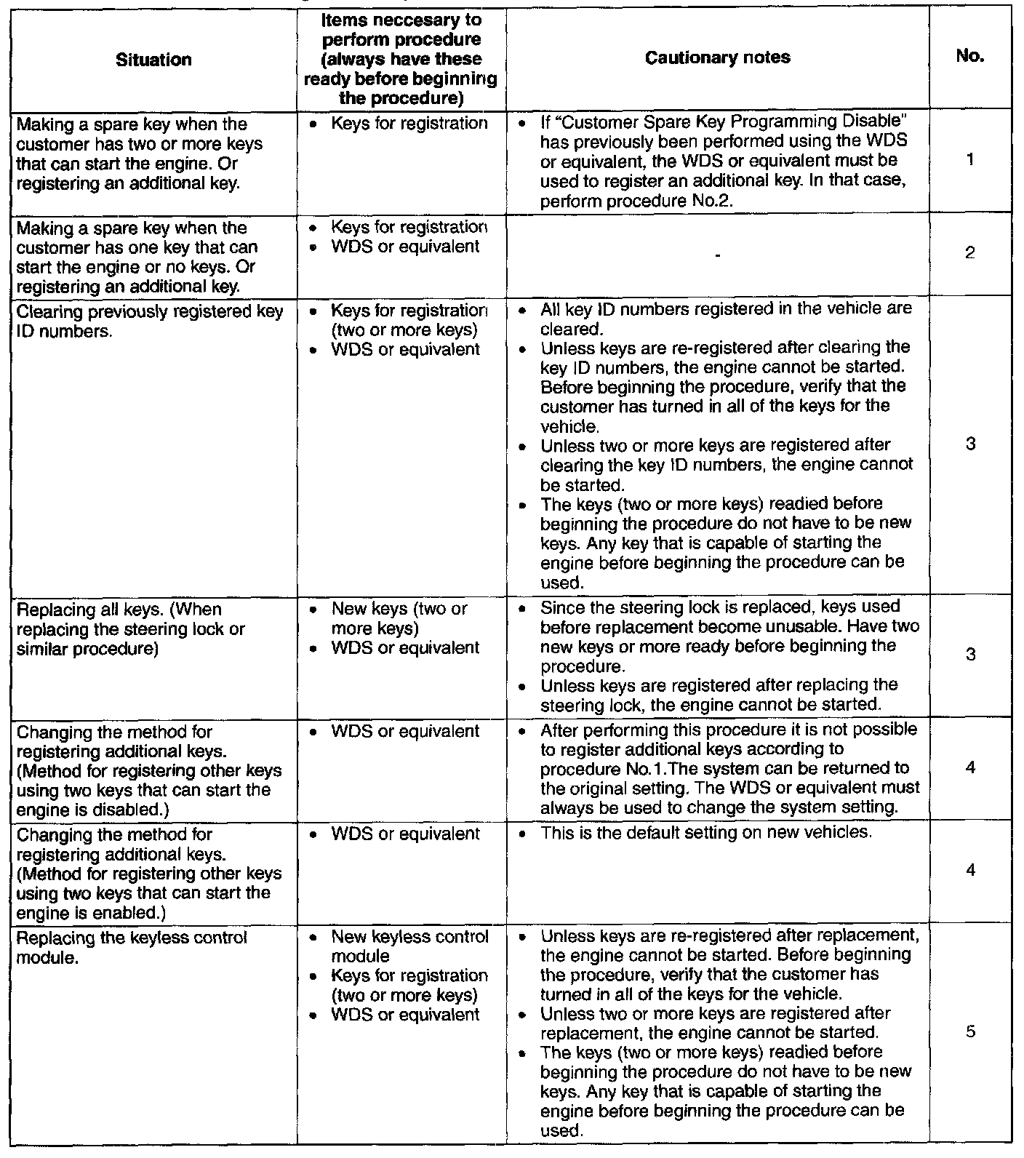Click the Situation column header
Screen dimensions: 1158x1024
pyautogui.click(x=153, y=59)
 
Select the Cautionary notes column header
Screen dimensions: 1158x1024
pyautogui.click(x=717, y=57)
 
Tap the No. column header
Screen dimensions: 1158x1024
pyautogui.click(x=970, y=56)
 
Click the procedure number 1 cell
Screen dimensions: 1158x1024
pyautogui.click(x=970, y=159)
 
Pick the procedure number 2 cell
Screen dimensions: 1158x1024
pyautogui.click(x=970, y=253)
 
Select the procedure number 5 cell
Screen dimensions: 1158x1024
pyautogui.click(x=970, y=1031)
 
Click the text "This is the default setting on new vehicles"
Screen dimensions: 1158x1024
pyautogui.click(x=705, y=832)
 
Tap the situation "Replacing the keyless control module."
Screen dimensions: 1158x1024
pyautogui.click(x=132, y=947)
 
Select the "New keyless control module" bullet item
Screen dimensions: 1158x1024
pyautogui.click(x=409, y=946)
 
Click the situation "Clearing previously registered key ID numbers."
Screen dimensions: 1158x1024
pyautogui.click(x=149, y=322)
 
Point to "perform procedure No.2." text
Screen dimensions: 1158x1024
pyautogui.click(x=636, y=200)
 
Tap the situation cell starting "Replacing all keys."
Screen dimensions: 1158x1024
pyautogui.click(x=130, y=629)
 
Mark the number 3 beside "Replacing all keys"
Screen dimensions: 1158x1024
pyautogui.click(x=970, y=655)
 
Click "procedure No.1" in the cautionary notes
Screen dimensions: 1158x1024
pyautogui.click(x=588, y=769)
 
